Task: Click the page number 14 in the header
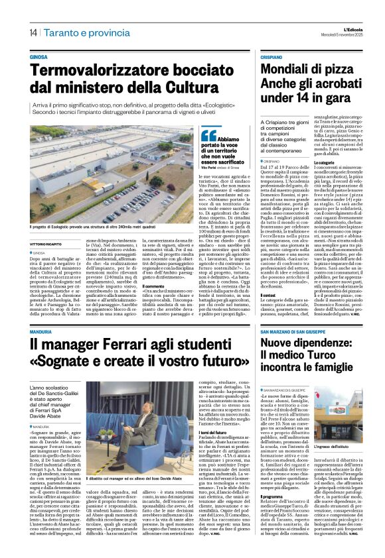click(x=33, y=32)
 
